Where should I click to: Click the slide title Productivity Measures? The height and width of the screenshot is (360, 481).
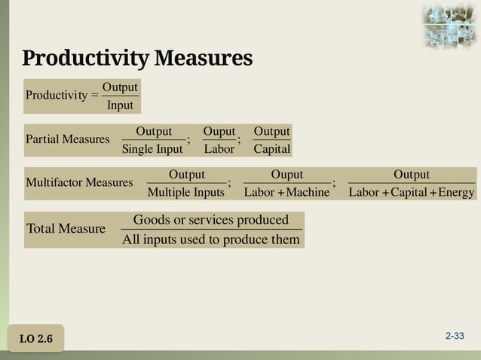click(137, 58)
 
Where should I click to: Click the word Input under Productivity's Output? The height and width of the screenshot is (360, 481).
click(120, 105)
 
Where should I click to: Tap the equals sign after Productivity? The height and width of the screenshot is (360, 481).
click(93, 96)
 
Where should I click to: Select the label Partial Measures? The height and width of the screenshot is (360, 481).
click(67, 139)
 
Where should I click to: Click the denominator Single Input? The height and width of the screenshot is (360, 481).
click(152, 149)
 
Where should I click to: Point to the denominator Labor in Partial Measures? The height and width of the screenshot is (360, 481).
click(219, 149)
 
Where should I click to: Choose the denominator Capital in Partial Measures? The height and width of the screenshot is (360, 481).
click(272, 149)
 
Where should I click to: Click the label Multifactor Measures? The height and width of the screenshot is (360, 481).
click(79, 183)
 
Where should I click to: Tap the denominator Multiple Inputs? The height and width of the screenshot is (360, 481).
click(186, 192)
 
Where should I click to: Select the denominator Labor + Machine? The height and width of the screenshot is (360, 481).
click(287, 192)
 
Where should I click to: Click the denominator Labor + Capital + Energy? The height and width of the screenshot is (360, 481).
click(412, 192)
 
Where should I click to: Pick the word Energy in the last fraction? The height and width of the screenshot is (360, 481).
click(456, 192)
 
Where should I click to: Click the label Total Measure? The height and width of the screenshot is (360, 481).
click(66, 228)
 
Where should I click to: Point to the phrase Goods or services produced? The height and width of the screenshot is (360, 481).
click(211, 220)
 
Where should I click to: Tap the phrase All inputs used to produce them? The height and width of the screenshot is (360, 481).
click(211, 239)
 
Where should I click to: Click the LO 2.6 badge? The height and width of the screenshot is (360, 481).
click(36, 339)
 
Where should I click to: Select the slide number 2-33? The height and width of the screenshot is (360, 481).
click(455, 336)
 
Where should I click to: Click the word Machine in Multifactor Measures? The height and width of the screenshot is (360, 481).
click(308, 192)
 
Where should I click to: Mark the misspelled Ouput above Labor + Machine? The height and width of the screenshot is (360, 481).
click(287, 175)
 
